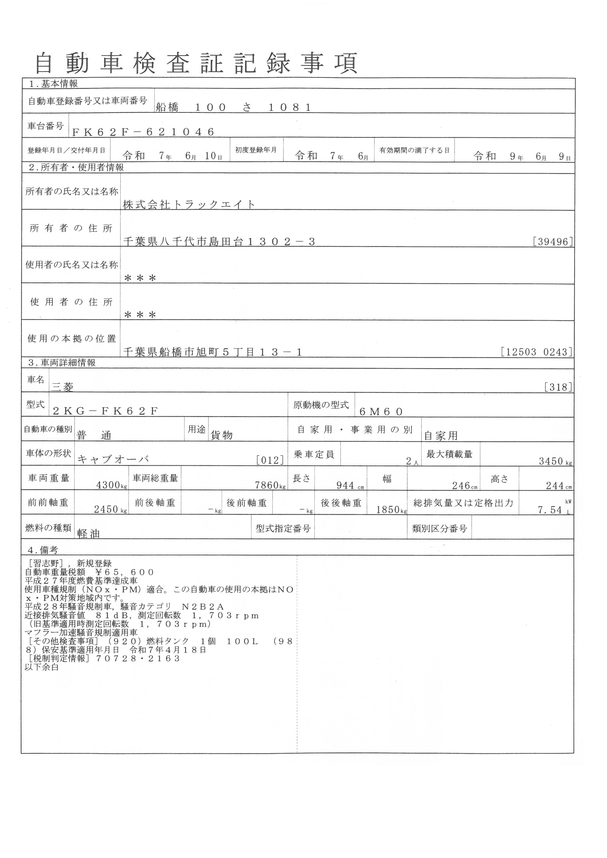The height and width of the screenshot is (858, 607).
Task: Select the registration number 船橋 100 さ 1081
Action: [x=233, y=108]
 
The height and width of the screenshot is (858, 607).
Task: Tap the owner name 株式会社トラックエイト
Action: [x=189, y=205]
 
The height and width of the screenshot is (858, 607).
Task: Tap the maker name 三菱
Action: [x=62, y=387]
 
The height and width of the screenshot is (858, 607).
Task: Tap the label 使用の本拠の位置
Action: [x=72, y=339]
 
